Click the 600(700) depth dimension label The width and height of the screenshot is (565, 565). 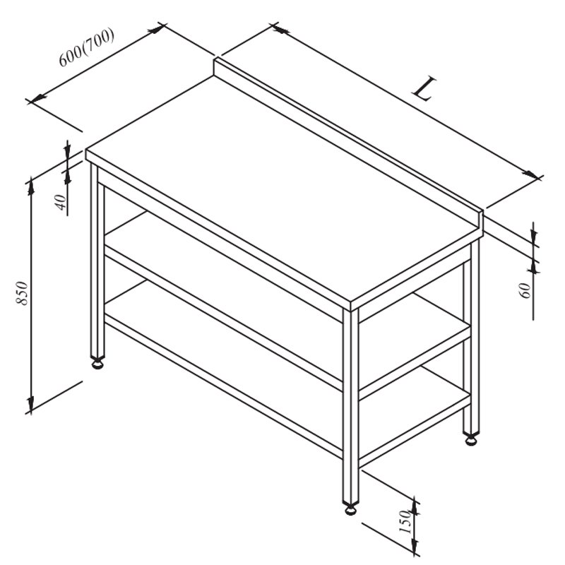click(86, 47)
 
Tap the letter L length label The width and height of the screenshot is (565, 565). click(424, 89)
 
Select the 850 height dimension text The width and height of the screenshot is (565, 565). click(23, 293)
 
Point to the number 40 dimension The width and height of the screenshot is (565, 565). click(61, 202)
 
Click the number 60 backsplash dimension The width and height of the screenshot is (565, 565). click(525, 290)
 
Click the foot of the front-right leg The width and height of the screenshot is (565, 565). click(350, 509)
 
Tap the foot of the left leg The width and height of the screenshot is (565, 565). click(97, 364)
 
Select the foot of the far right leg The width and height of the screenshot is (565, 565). click(471, 440)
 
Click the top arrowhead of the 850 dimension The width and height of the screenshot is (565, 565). click(31, 186)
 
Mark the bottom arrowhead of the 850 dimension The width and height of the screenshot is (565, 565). click(31, 404)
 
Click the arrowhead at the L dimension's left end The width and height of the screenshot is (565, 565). click(281, 30)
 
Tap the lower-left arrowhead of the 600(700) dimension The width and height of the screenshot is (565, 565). click(37, 97)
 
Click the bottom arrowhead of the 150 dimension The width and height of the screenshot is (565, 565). click(415, 545)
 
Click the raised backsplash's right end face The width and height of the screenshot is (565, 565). click(480, 223)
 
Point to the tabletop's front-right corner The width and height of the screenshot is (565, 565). click(350, 302)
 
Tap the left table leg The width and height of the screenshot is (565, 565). click(97, 261)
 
